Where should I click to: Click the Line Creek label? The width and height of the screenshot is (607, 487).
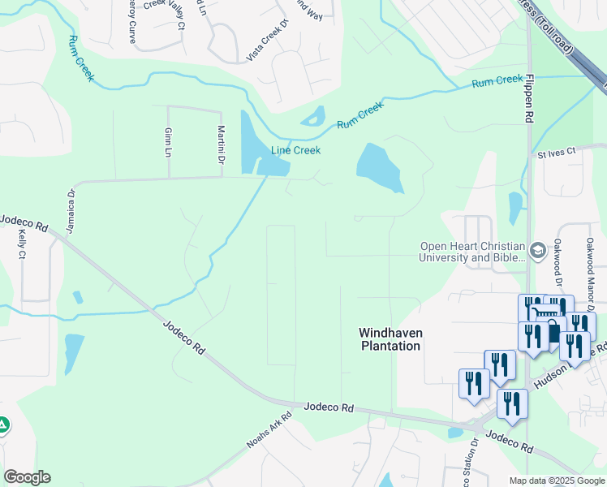295,150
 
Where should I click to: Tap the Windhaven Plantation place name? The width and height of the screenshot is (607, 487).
390,339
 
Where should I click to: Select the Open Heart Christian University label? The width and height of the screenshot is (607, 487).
472,252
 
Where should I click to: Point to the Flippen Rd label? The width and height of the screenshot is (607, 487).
529,98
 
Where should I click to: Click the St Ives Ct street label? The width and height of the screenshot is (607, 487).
556,152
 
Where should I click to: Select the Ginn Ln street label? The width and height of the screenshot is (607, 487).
168,142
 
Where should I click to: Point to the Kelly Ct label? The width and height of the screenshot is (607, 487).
21,243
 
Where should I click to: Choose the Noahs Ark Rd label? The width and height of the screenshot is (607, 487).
268,434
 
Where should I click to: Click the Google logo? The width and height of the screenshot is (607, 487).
27,477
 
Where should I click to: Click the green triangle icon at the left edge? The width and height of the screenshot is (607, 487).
3,424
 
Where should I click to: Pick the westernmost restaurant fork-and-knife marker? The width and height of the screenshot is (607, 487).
474,383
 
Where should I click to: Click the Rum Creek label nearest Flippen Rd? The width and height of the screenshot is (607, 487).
497,80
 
